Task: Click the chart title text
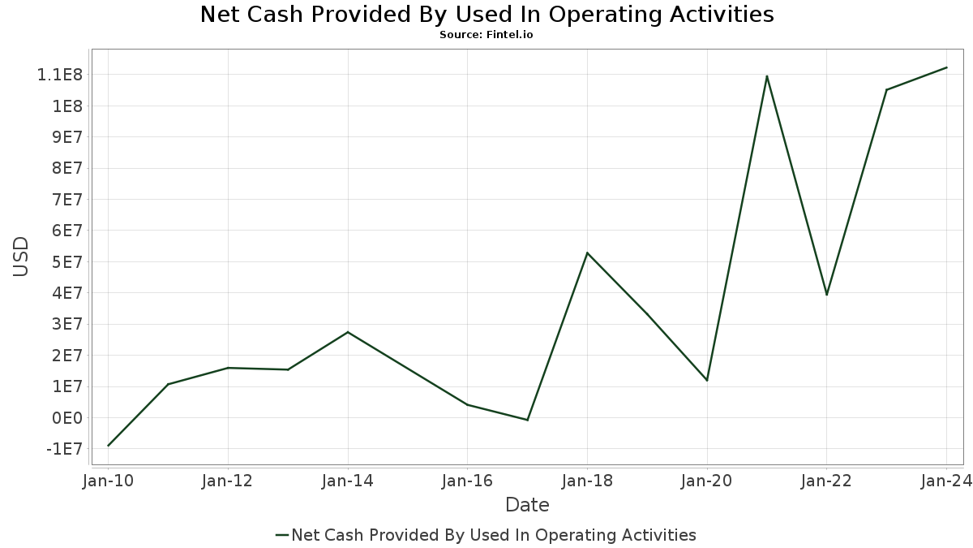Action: [487, 15]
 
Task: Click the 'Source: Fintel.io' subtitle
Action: [486, 35]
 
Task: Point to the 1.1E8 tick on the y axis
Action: [60, 75]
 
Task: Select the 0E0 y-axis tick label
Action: [66, 418]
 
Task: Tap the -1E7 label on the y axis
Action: [64, 449]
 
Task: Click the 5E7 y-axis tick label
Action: [66, 262]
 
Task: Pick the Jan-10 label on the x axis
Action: [108, 481]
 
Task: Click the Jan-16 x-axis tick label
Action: [467, 481]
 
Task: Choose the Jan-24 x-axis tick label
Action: [946, 481]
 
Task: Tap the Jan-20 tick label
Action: [707, 481]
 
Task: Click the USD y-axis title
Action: [20, 257]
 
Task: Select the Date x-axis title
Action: [527, 505]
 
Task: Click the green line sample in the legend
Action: [282, 535]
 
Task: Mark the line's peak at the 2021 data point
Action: [767, 76]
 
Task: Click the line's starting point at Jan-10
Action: [108, 446]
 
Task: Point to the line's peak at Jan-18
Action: [587, 252]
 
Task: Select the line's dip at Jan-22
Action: [826, 295]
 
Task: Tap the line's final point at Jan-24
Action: [946, 67]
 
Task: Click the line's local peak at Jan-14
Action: [348, 332]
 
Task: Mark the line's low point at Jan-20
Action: [707, 381]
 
